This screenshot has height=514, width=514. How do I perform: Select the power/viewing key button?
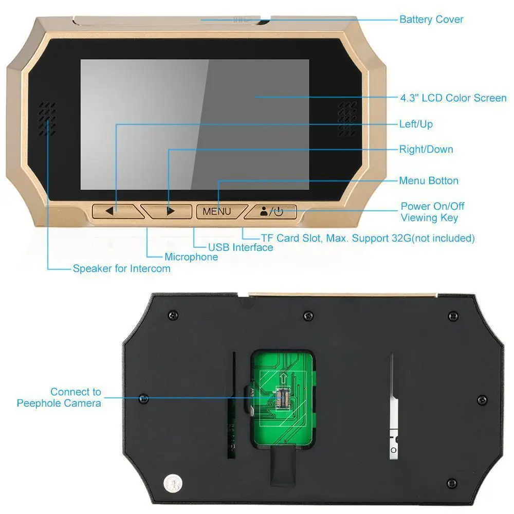tap(271, 211)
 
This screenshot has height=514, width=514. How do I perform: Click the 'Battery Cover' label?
tap(431, 20)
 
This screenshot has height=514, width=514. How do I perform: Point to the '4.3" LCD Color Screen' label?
tap(453, 98)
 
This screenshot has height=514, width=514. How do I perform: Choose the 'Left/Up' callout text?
tap(416, 124)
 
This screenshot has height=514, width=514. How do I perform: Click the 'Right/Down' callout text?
tap(426, 150)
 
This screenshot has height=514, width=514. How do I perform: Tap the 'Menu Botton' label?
tap(429, 180)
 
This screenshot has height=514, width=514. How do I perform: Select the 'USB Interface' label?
tap(241, 247)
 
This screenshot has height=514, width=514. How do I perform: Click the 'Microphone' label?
tap(191, 256)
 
